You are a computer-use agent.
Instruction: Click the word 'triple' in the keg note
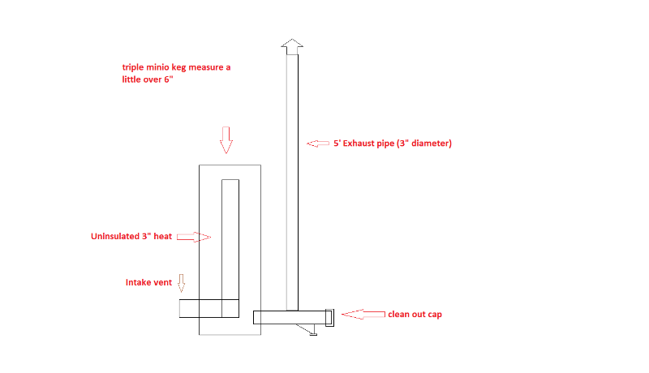[x=132, y=67]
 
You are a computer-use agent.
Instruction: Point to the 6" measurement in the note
[x=169, y=79]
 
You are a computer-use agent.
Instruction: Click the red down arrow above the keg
[x=226, y=140]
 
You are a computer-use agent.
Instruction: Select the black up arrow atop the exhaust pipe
[x=292, y=47]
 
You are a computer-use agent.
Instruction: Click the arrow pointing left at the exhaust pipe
[x=318, y=144]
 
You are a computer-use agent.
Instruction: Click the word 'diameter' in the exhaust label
[x=429, y=143]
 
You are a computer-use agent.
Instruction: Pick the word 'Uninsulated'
[x=115, y=236]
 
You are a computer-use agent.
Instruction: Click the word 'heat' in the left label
[x=163, y=236]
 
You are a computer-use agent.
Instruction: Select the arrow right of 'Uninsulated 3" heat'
[x=194, y=237]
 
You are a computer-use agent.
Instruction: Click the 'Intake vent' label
[x=148, y=282]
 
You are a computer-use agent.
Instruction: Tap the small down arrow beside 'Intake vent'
[x=181, y=283]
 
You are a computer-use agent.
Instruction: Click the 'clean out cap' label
[x=415, y=315]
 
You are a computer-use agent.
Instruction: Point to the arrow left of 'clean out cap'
[x=363, y=315]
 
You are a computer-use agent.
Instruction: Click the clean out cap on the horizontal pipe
[x=329, y=318]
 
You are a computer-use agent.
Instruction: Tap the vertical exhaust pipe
[x=292, y=182]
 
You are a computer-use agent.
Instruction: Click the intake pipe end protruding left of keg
[x=189, y=308]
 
